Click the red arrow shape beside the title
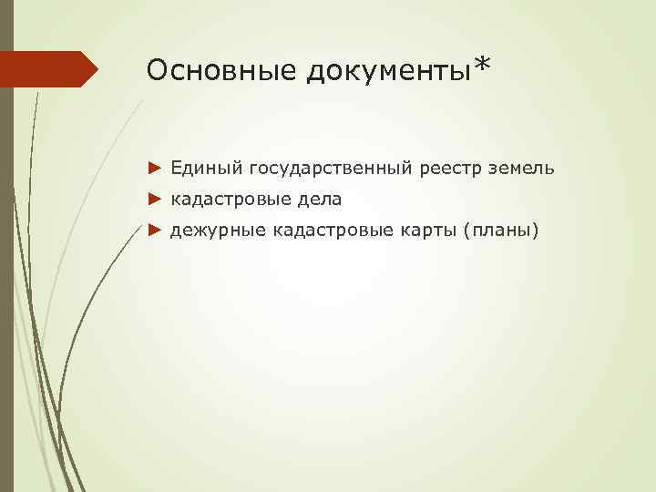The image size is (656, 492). [x=49, y=69]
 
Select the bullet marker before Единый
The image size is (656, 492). [x=153, y=168]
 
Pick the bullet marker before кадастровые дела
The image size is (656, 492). [x=153, y=199]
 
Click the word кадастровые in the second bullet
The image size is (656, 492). [x=225, y=200]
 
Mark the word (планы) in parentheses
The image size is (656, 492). [x=502, y=231]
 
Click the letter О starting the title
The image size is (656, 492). [x=156, y=70]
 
